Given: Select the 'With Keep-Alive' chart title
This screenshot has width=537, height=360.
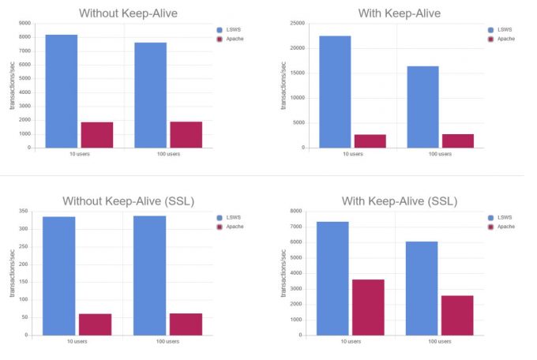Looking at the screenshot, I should point(400,13).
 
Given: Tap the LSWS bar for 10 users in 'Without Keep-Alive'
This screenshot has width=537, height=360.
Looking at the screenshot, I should point(62,91).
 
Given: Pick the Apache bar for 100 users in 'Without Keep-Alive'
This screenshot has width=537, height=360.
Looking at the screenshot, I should point(186,134).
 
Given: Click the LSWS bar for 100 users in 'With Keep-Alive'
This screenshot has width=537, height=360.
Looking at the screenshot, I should point(422,107).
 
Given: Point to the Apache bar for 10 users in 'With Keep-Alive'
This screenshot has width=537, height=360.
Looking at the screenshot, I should point(370,141).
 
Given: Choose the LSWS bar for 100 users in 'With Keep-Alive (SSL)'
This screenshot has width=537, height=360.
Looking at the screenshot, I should point(422,288).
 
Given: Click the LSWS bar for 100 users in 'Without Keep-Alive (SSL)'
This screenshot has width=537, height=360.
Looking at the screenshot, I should point(150,276).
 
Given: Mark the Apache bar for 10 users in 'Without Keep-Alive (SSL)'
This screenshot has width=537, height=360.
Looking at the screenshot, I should point(95,324).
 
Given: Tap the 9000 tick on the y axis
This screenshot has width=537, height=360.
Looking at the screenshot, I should point(25,24).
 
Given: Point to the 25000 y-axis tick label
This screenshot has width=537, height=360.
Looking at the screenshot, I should point(296,23).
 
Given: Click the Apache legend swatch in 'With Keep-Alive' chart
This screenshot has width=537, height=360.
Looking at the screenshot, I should point(492,39).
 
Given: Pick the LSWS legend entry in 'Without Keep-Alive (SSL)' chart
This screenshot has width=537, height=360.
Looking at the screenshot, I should point(227,217).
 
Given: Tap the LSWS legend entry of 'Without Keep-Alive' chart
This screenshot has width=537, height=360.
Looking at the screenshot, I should point(227,30).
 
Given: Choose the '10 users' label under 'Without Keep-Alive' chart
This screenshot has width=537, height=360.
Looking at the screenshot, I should point(78,154).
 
